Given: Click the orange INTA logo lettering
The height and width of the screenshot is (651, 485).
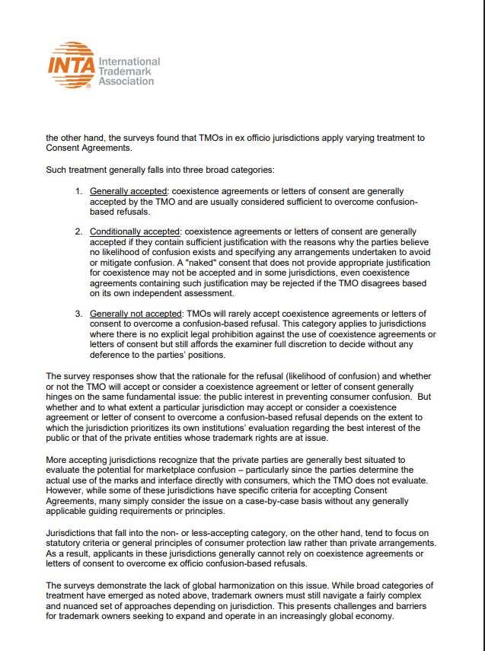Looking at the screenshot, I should pyautogui.click(x=71, y=65).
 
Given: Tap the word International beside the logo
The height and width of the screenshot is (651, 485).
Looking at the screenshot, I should pyautogui.click(x=129, y=61).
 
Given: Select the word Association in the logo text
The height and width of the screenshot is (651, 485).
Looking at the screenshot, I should pyautogui.click(x=126, y=81).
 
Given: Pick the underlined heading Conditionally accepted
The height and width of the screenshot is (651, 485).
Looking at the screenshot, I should pyautogui.click(x=136, y=231).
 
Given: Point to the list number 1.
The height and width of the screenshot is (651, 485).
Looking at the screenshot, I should pyautogui.click(x=78, y=190).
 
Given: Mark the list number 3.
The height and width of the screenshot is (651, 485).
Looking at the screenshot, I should pyautogui.click(x=78, y=314).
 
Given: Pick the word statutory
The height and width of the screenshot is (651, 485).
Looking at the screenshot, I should pyautogui.click(x=65, y=543).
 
